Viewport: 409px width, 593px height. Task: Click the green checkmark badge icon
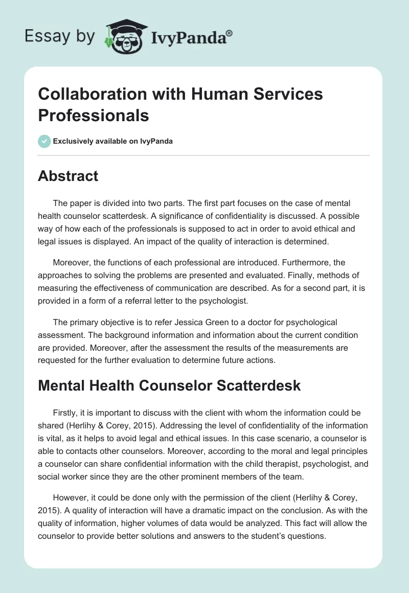[x=44, y=141]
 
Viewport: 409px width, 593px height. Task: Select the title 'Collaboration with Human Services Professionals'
[x=180, y=105]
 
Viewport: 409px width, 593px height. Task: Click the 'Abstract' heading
[x=68, y=176]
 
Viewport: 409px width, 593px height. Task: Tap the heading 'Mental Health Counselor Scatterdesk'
[x=169, y=386]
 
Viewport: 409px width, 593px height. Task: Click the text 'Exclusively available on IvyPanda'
[x=113, y=142]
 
